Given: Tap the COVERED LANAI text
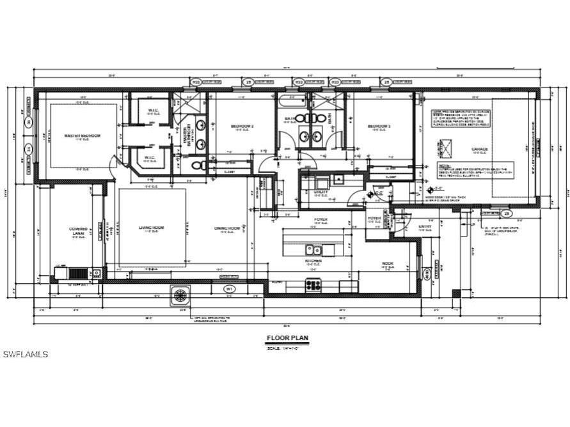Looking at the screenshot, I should pos(78,231).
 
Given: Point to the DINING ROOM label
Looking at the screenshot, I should pos(226,228).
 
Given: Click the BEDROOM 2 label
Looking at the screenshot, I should pos(242,127).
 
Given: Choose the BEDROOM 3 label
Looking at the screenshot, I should pos(379,127).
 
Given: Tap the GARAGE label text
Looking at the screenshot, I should pos(480,150).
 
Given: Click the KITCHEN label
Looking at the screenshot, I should pos(313,261).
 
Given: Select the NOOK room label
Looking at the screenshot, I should pos(388,263).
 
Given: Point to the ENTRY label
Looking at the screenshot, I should pos(425,226).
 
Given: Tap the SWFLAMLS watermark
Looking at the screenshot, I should pos(26,354).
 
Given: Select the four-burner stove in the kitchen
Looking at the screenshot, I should pos(313,285).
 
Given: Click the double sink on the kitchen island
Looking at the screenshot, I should pos(313,249).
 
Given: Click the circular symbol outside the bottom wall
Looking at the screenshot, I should pos(180,295).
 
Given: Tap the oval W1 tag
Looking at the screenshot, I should pos(228,290).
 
